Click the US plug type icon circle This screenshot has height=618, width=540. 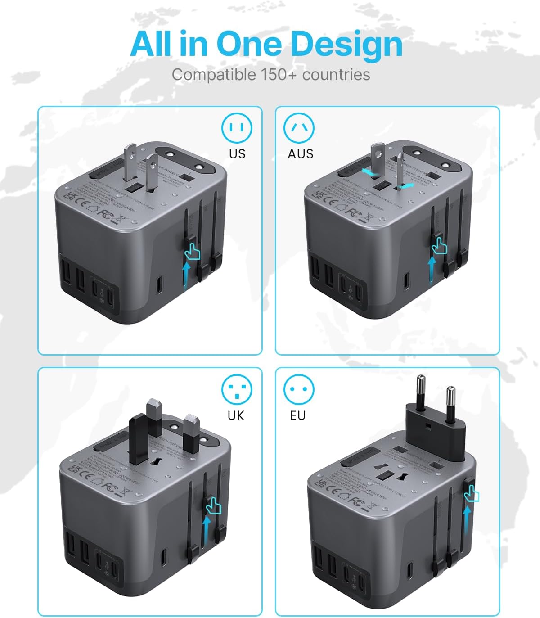pos(237,128)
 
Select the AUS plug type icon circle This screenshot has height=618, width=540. pos(299,128)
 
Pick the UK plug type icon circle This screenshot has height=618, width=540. pos(237,389)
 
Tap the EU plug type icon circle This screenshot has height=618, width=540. pos(299,389)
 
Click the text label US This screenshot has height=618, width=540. pos(237,154)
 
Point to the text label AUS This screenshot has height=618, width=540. pos(300,154)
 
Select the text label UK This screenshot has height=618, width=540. pos(236,415)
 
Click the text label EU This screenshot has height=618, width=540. pos(298,415)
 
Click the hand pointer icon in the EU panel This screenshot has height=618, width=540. pos(472,494)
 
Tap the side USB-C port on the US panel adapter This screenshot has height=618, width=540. pos(160,284)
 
